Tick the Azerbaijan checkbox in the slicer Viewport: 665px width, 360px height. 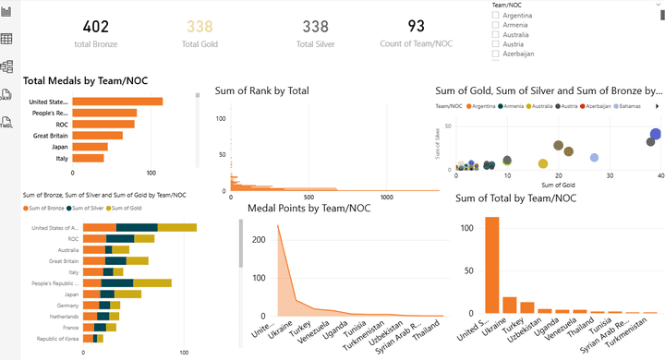tap(496, 53)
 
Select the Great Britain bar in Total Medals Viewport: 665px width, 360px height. tap(97, 135)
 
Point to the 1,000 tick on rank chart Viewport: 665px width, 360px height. tap(386, 198)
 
